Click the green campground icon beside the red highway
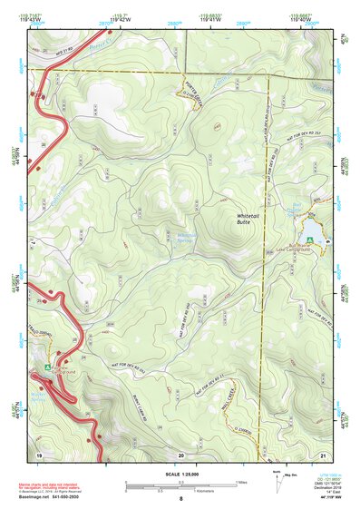[x=48, y=367]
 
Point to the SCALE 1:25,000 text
[x=181, y=475]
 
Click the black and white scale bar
[x=181, y=484]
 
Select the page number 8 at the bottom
[x=181, y=499]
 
